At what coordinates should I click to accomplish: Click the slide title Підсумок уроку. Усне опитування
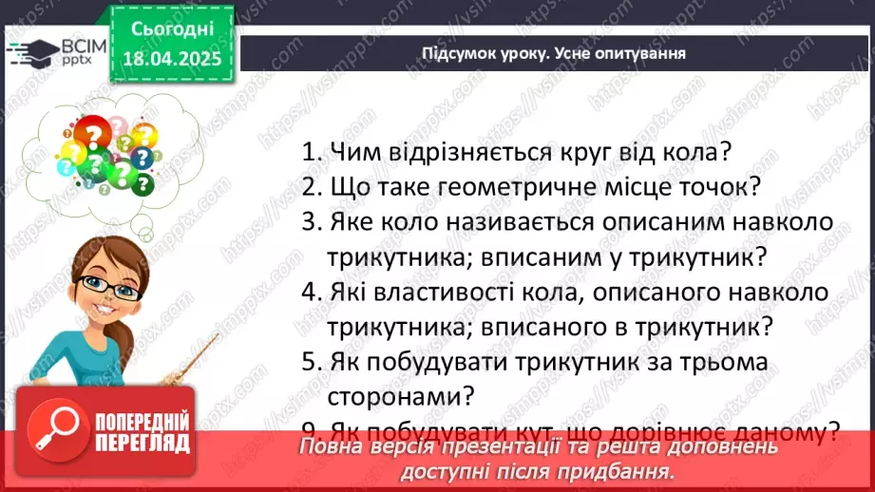[x=554, y=52]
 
